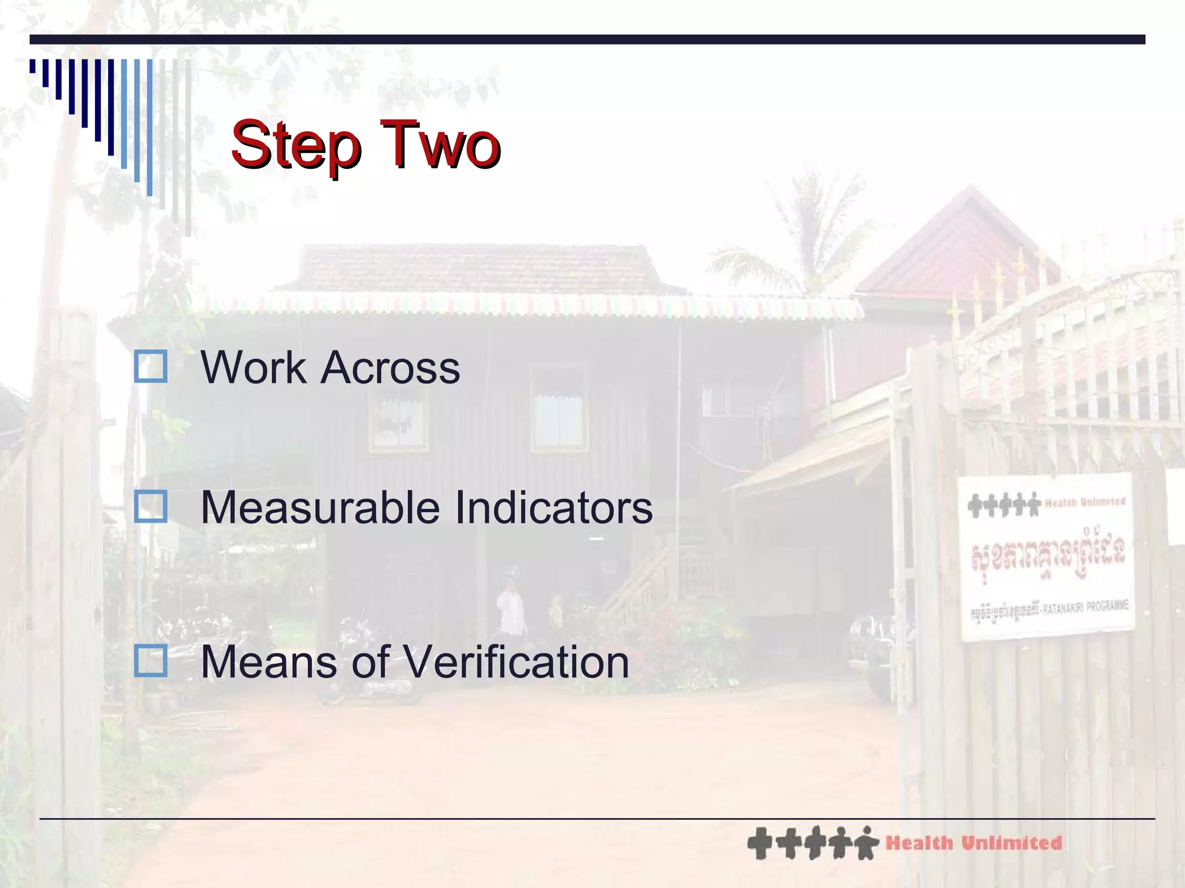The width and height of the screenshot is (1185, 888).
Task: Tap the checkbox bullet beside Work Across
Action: click(150, 367)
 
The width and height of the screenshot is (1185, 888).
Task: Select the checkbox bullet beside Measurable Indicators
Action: click(150, 506)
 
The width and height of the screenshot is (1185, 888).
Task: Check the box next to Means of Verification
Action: click(150, 661)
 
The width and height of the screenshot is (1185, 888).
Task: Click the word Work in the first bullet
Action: click(253, 368)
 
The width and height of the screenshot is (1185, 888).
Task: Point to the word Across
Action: click(391, 368)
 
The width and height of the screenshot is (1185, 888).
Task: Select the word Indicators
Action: click(554, 508)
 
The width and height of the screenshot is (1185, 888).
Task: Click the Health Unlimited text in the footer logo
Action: click(974, 843)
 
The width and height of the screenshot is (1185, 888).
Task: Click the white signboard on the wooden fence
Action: click(1046, 557)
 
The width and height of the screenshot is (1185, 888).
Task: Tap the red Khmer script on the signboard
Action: click(1047, 554)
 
